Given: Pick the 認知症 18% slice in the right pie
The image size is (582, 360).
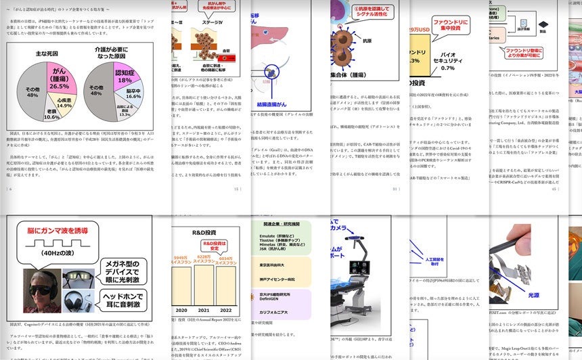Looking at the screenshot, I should pos(125,75).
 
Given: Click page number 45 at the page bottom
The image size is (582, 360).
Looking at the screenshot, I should pos(553,189).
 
